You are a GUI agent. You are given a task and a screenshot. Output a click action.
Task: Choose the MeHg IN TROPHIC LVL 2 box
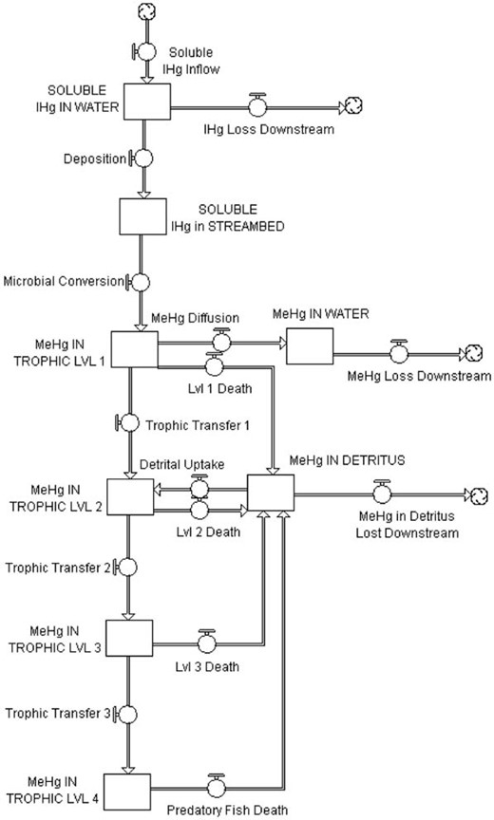click(131, 495)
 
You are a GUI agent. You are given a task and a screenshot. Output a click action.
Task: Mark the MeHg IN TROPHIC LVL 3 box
click(130, 638)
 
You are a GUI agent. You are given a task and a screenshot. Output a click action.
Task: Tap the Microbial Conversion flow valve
click(140, 282)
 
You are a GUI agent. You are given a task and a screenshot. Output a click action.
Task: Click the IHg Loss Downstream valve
click(256, 105)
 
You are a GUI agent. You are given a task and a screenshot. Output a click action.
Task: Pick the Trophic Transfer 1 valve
click(129, 423)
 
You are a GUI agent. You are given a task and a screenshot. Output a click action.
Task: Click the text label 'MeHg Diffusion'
click(195, 317)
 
